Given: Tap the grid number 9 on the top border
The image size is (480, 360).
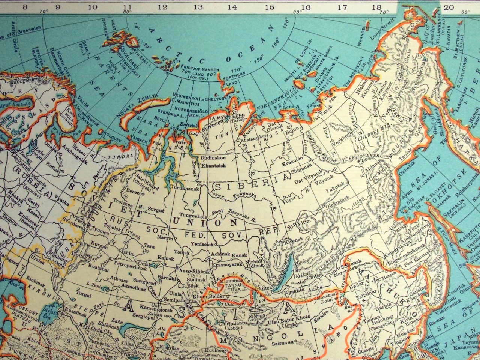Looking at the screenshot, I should tap(58, 6).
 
